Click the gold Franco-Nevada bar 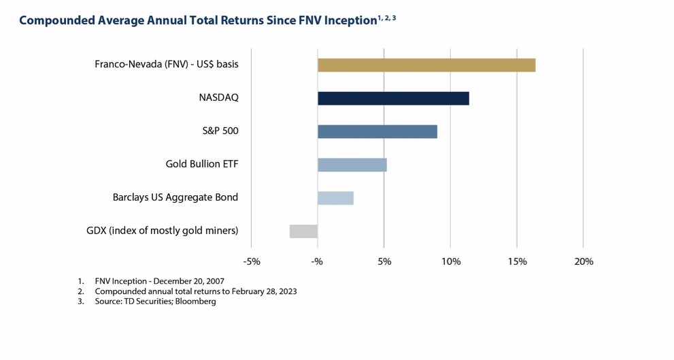(x=426, y=65)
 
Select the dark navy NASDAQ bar (x=393, y=98)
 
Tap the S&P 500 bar (x=377, y=131)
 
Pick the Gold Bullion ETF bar (x=352, y=165)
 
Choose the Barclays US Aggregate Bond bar (x=335, y=198)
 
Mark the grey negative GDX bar (x=303, y=231)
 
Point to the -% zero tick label (x=318, y=261)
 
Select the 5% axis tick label (x=384, y=261)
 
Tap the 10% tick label (x=450, y=261)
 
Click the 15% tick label (x=517, y=261)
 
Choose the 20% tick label (x=584, y=261)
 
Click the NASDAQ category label (x=218, y=98)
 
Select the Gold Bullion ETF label (x=202, y=165)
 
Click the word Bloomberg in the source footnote (x=197, y=301)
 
